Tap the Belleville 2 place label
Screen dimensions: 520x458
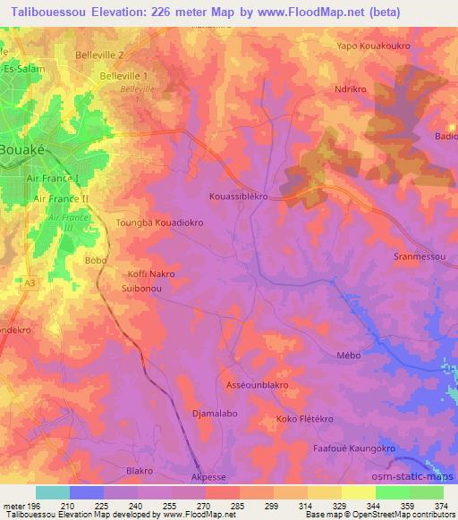(99, 55)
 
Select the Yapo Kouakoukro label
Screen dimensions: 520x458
(371, 46)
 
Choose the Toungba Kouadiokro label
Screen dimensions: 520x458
(161, 222)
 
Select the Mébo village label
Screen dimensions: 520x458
(348, 355)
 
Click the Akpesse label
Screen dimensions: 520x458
(209, 477)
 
